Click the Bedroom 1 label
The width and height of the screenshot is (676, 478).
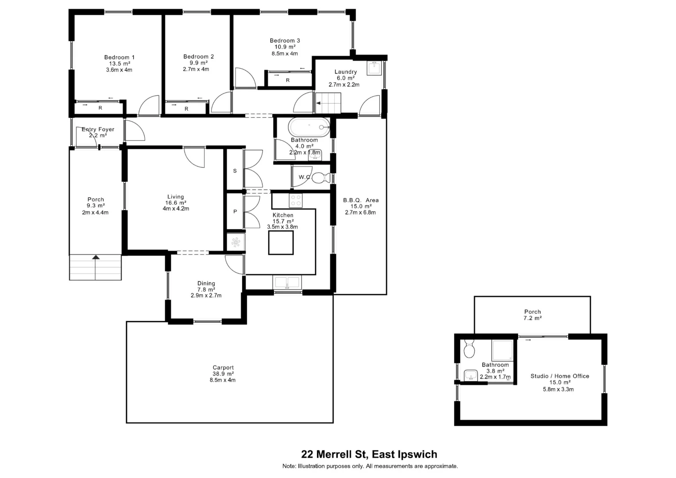(119, 57)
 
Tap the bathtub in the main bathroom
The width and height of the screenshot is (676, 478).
(309, 127)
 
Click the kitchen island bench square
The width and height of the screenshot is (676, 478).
(281, 243)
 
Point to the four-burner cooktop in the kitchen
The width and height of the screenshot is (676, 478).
(295, 200)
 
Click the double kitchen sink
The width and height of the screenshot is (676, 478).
(287, 283)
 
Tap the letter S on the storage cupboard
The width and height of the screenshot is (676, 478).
(235, 171)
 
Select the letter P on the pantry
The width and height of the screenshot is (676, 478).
(235, 212)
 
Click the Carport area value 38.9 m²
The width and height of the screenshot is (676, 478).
(223, 374)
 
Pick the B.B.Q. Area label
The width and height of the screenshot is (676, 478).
(361, 200)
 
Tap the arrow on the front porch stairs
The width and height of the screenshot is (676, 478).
(96, 257)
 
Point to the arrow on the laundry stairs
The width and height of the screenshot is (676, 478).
(319, 103)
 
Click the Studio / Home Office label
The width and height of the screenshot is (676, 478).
(560, 376)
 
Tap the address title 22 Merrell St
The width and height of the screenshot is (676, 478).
(369, 454)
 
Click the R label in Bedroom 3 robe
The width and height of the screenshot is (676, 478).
(288, 80)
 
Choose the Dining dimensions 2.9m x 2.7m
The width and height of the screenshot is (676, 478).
(206, 296)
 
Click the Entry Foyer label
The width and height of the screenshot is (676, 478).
(98, 129)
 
